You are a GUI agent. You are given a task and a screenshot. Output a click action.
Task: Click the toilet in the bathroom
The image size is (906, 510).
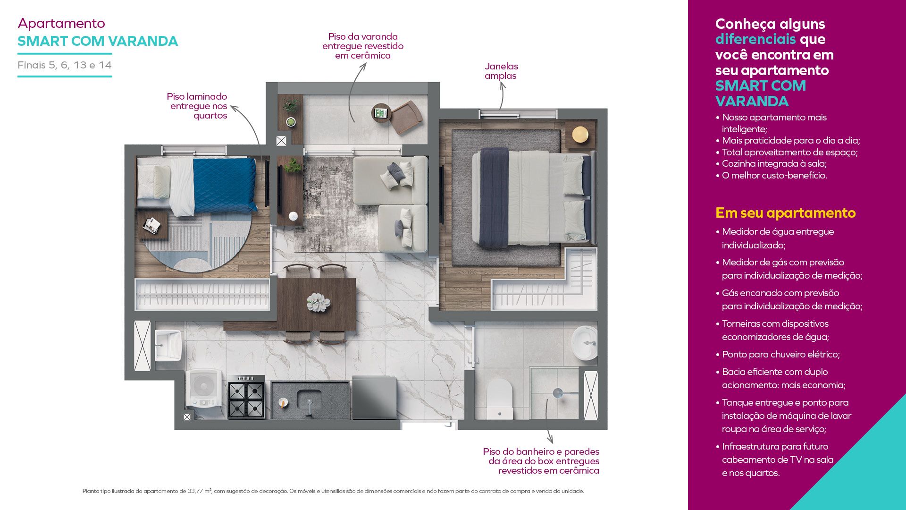(499, 399)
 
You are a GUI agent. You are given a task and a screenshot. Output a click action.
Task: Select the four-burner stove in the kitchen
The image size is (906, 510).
(246, 397)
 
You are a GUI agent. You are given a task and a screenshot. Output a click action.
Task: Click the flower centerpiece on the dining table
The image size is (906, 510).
(318, 302)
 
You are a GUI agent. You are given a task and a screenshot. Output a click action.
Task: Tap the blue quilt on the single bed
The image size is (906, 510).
(224, 185)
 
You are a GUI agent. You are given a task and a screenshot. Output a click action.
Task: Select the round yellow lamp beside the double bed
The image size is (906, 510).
(580, 135)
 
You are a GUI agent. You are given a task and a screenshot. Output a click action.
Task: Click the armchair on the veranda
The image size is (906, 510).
(406, 118)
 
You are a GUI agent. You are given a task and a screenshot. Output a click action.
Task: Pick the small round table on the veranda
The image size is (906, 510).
(381, 113)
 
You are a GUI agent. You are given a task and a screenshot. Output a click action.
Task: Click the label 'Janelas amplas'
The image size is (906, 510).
(501, 71)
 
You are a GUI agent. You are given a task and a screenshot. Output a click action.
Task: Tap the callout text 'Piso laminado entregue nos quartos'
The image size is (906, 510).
(197, 106)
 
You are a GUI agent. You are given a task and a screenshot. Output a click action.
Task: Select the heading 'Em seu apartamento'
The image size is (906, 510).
(785, 213)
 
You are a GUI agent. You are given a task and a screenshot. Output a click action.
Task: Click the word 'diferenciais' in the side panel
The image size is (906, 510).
(755, 39)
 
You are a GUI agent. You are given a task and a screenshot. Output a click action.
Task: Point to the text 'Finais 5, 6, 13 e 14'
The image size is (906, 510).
(65, 65)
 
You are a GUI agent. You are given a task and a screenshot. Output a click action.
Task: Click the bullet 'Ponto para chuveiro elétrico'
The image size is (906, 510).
(780, 354)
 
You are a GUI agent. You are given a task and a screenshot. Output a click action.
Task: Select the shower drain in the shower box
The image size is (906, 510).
(558, 393)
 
